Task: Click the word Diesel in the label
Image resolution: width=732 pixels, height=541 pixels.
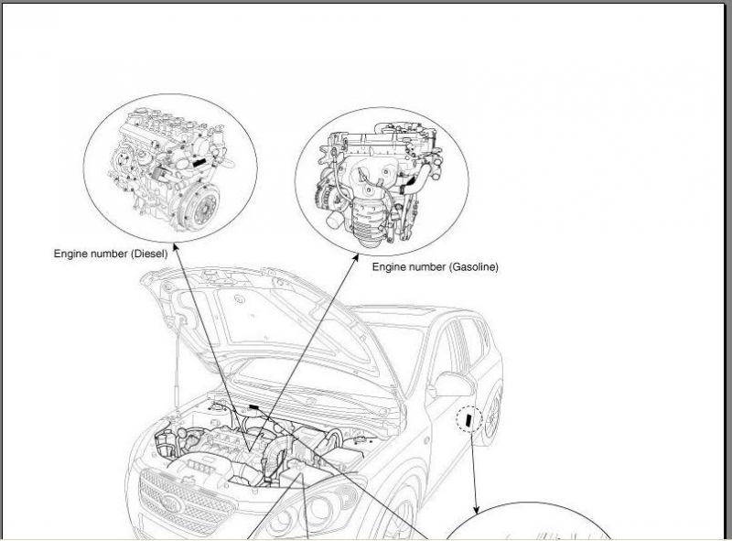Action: [x=149, y=254]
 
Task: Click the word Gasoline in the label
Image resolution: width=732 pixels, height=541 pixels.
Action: [x=473, y=267]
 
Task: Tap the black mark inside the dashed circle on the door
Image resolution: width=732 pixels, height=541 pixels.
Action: [x=468, y=420]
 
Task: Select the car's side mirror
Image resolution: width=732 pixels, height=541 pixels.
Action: [x=450, y=384]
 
